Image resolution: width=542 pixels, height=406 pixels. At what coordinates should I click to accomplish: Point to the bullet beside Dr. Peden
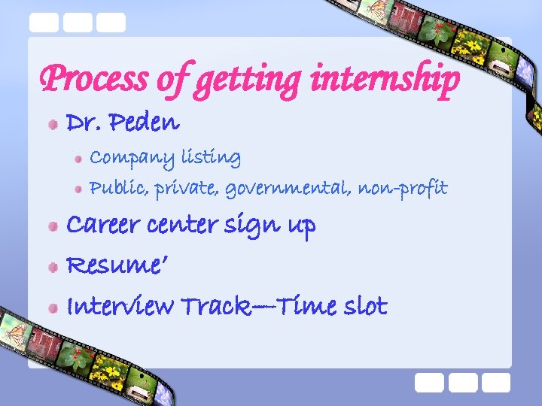pyautogui.click(x=52, y=123)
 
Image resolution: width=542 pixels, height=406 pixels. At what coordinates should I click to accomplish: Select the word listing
pyautogui.click(x=211, y=158)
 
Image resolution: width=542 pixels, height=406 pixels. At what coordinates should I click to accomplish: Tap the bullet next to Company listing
pyautogui.click(x=78, y=159)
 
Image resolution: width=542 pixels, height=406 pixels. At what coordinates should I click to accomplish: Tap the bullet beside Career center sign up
pyautogui.click(x=52, y=226)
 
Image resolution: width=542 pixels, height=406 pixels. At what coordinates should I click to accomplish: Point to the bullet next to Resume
pyautogui.click(x=52, y=267)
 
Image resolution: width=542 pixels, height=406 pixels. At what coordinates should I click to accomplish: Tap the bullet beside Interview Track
pyautogui.click(x=52, y=308)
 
